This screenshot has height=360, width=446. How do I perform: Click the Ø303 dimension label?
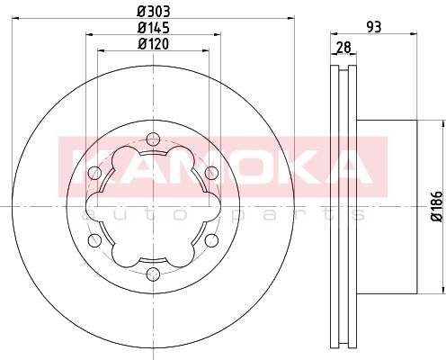pos(154,12)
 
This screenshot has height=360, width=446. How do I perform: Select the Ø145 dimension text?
pos(154,28)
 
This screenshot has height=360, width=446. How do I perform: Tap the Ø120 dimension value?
pos(153,44)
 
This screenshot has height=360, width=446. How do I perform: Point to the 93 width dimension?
pos(374,27)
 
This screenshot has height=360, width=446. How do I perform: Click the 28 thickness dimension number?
pos(343,48)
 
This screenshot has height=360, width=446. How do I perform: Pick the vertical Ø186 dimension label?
pos(437,206)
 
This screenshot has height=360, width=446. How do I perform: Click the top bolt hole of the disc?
pos(153,139)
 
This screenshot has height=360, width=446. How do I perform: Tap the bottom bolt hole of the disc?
pos(153,274)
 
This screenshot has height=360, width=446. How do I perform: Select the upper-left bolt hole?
pos(94,173)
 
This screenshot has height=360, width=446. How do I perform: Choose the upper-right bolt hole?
pos(212,173)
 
